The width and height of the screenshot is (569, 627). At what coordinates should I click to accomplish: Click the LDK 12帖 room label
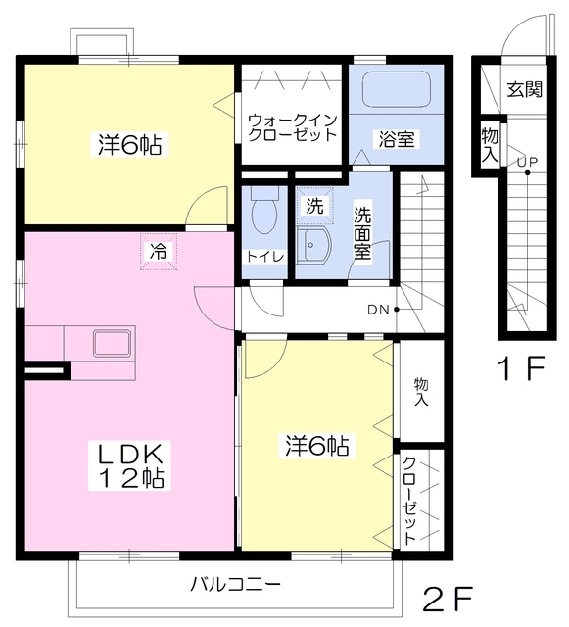(130, 465)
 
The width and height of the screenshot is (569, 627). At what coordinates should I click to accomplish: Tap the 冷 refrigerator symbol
(159, 252)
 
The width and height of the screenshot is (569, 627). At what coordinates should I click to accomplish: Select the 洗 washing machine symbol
(314, 206)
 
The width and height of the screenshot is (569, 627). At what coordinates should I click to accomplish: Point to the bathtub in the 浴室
(397, 90)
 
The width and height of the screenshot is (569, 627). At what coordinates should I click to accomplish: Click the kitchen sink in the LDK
(112, 343)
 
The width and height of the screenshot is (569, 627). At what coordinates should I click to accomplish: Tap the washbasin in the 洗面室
(313, 246)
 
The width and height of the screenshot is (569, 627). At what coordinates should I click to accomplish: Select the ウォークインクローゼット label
(293, 127)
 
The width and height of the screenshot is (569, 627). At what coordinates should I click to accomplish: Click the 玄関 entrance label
(525, 89)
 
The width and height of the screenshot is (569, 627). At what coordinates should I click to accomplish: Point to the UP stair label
(528, 162)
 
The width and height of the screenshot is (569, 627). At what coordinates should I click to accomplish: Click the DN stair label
(378, 310)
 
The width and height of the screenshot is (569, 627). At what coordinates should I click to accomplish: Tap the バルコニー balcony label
(235, 585)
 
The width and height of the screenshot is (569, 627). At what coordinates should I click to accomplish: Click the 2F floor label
(448, 599)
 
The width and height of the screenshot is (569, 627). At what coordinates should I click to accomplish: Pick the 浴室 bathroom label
(397, 139)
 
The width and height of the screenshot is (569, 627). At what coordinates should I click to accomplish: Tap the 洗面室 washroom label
(362, 233)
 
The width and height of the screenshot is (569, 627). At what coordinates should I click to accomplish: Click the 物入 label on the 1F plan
(490, 145)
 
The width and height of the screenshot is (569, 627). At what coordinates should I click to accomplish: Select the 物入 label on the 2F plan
(421, 392)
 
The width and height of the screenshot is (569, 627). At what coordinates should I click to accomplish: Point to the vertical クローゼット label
(409, 501)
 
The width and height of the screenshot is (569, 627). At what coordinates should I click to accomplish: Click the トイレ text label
(264, 257)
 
